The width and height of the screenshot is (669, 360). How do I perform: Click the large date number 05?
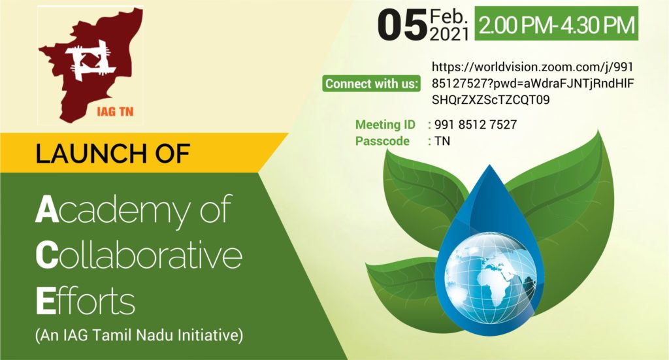[402, 25]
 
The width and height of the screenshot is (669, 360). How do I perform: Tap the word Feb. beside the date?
[449, 16]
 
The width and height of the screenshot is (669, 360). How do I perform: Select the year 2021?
[449, 34]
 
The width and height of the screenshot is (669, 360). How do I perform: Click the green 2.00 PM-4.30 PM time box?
[557, 24]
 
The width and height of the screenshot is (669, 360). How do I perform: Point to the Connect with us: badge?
[371, 84]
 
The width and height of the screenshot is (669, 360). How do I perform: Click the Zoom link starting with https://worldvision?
[532, 83]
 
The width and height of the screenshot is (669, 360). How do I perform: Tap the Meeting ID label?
[385, 125]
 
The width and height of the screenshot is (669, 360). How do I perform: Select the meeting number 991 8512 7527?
[476, 125]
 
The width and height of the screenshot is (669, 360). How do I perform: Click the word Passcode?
[382, 141]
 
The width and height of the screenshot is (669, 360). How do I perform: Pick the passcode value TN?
[442, 141]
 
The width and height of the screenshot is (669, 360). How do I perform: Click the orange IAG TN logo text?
[115, 112]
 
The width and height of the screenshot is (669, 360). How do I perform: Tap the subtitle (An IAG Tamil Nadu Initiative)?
[139, 335]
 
